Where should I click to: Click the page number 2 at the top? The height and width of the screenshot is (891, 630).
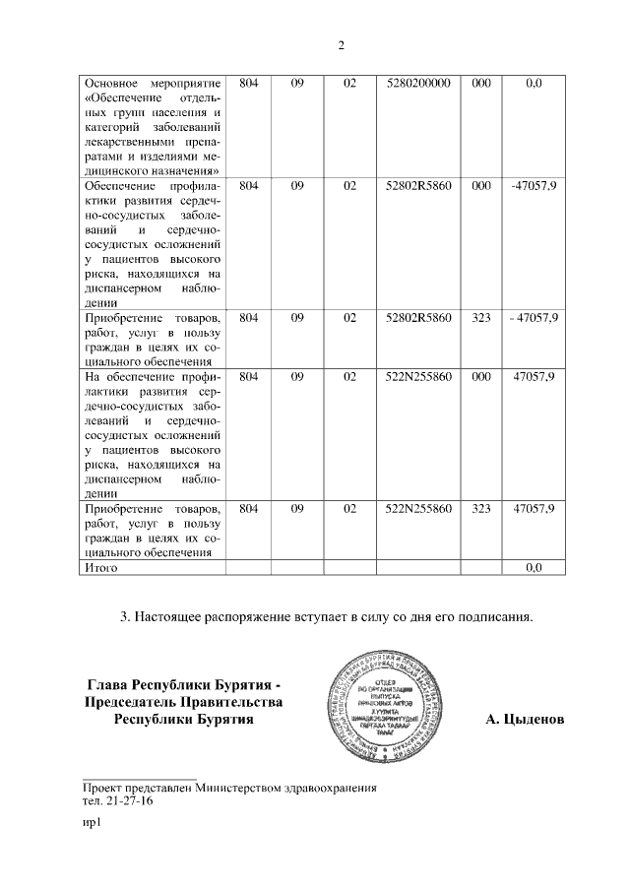pos(341,44)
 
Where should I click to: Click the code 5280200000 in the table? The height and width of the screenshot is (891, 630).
pos(417,84)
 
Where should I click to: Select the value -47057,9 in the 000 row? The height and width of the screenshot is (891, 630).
pos(535,185)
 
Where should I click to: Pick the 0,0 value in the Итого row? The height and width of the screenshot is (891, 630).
pos(535,568)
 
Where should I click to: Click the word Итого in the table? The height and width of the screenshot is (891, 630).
pos(101,568)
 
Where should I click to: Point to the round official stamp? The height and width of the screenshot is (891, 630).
pos(393,705)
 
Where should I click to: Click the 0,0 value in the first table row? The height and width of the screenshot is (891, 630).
pos(535,84)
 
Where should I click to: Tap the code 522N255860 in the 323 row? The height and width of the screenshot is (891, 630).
pos(417,508)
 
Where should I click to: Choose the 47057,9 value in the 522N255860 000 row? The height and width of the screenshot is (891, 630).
pos(535,376)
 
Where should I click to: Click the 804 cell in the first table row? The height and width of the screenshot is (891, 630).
pos(248,84)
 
